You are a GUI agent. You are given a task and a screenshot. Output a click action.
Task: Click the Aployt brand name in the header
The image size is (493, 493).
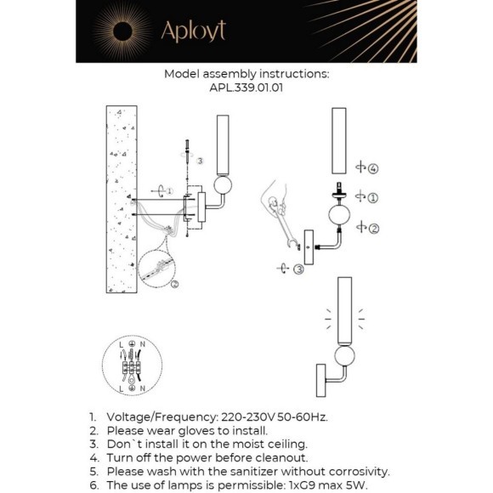tap(193, 31)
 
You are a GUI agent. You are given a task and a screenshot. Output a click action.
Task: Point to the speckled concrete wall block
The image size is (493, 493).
tap(122, 199)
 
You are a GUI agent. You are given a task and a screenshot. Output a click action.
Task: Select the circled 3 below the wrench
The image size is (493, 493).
tap(299, 269)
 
